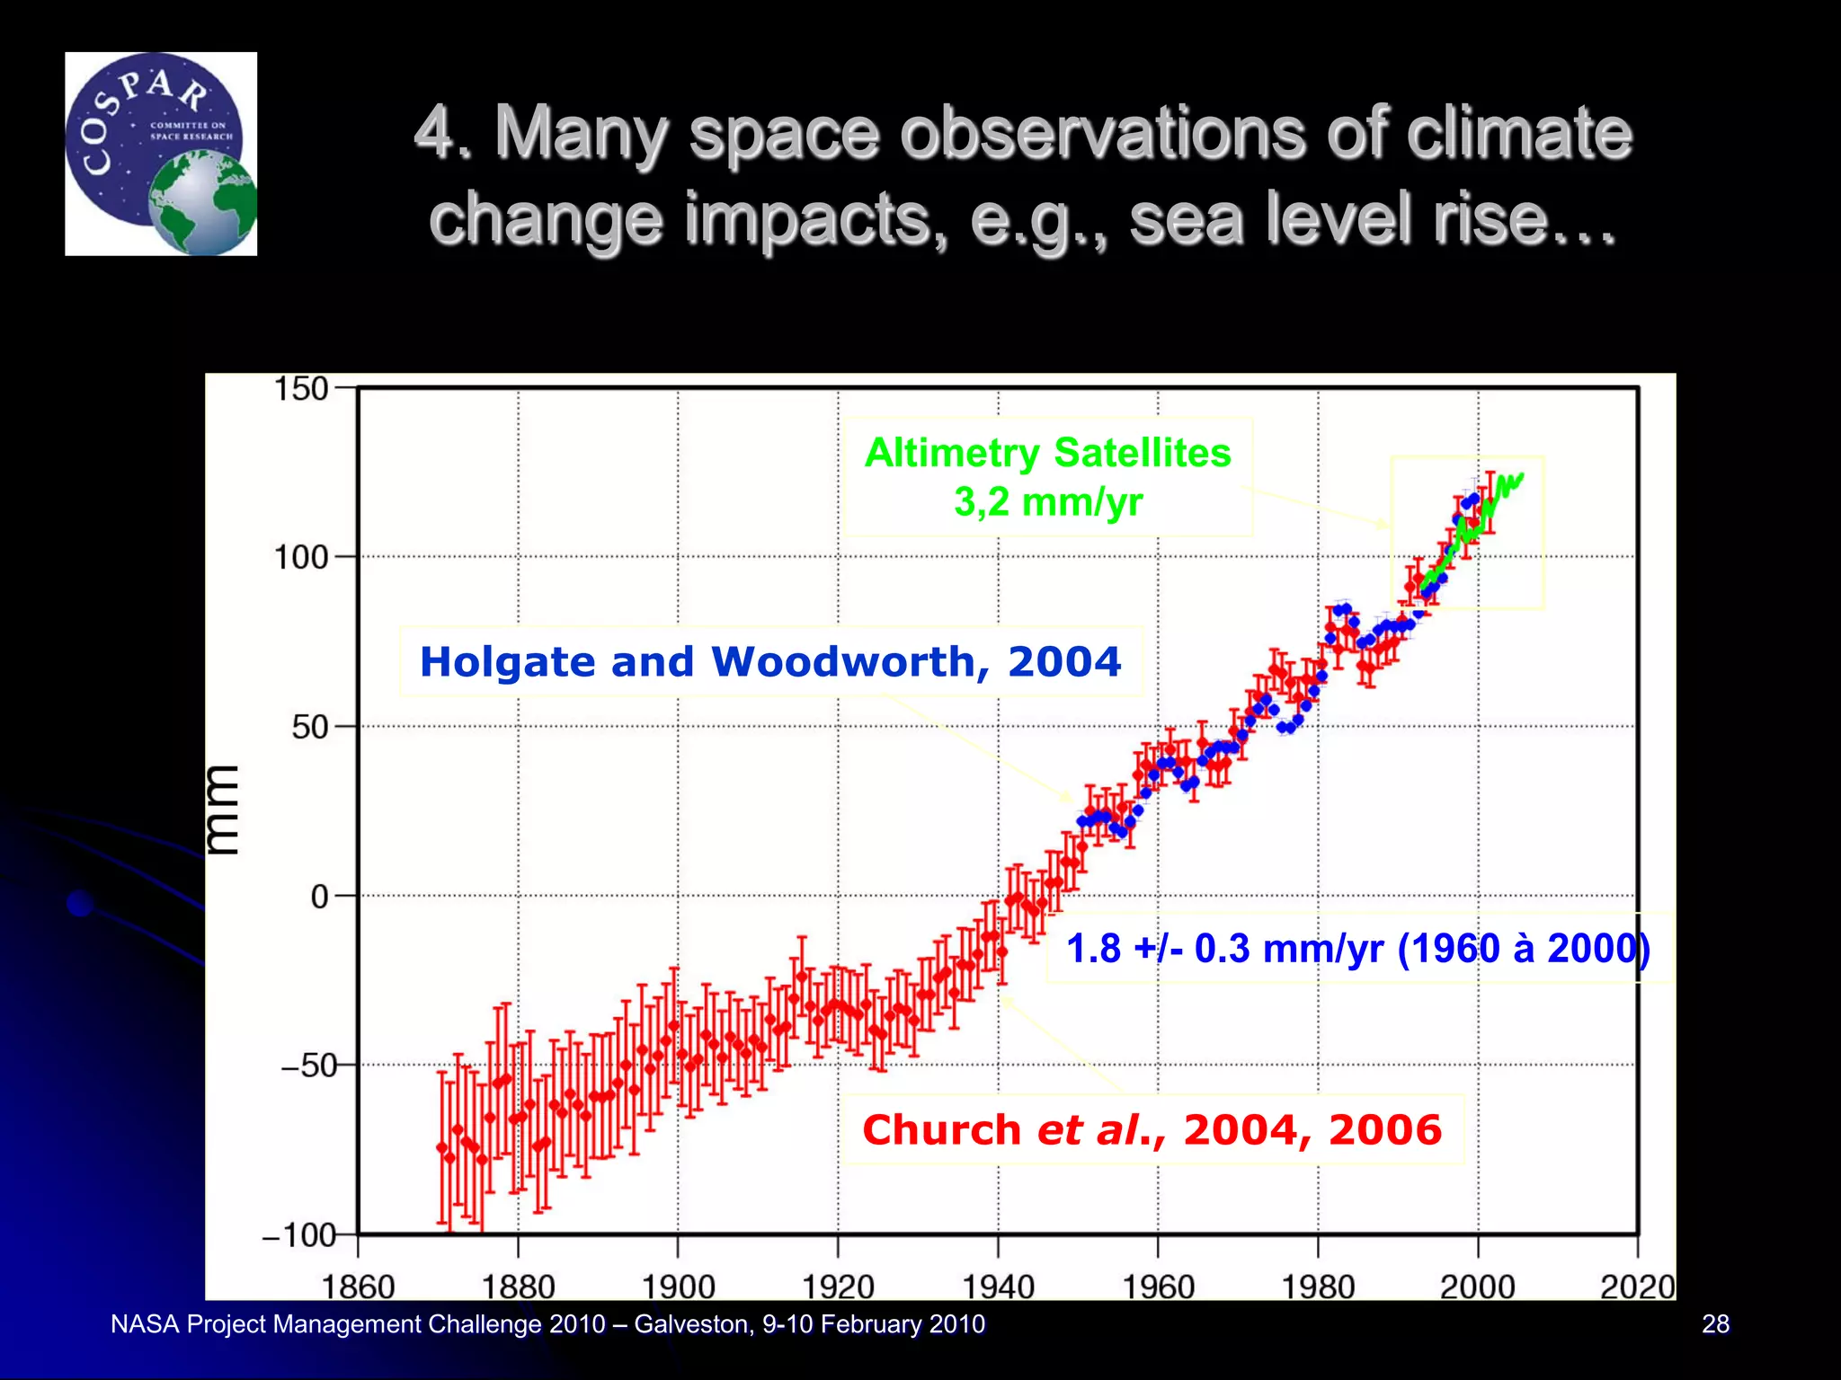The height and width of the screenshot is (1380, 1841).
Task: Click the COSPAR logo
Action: click(x=160, y=154)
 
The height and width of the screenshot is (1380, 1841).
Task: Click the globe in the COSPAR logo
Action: click(x=203, y=204)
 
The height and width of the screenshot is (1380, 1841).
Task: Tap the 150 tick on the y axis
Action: click(x=301, y=390)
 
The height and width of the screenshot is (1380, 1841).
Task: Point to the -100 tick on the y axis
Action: click(x=298, y=1235)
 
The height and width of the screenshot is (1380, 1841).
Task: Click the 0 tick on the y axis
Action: click(x=320, y=897)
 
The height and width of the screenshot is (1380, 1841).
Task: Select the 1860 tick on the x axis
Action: click(x=358, y=1287)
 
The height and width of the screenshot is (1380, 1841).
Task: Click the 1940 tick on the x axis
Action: click(x=998, y=1287)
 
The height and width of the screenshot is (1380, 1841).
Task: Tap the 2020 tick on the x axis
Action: click(x=1637, y=1287)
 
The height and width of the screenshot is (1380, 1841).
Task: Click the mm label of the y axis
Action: click(x=222, y=809)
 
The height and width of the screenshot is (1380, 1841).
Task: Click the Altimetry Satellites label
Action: click(x=1047, y=453)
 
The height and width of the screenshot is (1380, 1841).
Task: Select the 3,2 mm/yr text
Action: click(x=1047, y=501)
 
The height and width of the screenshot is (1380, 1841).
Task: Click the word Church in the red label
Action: click(x=940, y=1130)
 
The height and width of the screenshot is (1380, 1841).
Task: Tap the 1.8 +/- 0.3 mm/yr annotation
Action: click(x=1357, y=949)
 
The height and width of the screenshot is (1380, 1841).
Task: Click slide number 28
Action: click(x=1715, y=1323)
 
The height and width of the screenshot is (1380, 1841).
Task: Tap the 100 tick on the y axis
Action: click(x=301, y=558)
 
